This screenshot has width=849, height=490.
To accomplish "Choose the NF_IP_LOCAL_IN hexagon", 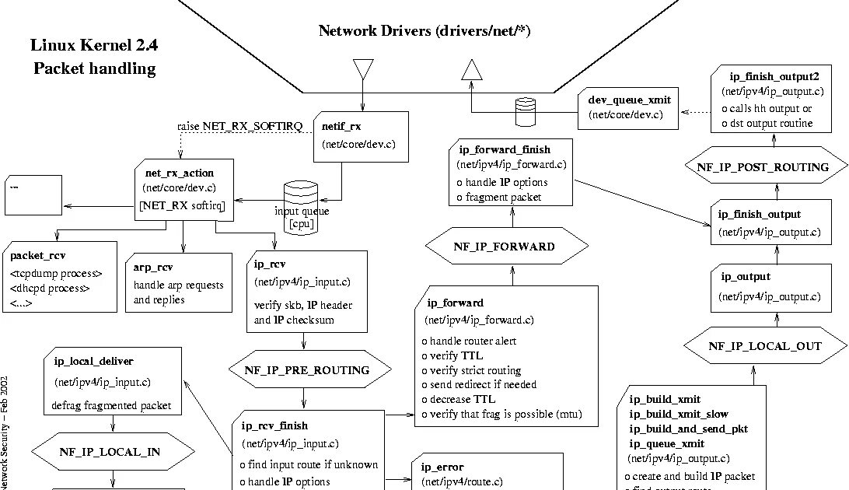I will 114,451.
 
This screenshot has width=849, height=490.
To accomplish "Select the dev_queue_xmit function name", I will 629,100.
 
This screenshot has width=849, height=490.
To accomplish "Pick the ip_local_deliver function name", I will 93,361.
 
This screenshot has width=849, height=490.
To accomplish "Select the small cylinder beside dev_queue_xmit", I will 526,110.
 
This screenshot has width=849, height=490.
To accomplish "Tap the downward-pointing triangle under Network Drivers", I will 362,70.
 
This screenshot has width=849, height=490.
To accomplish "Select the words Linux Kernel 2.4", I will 94,46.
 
